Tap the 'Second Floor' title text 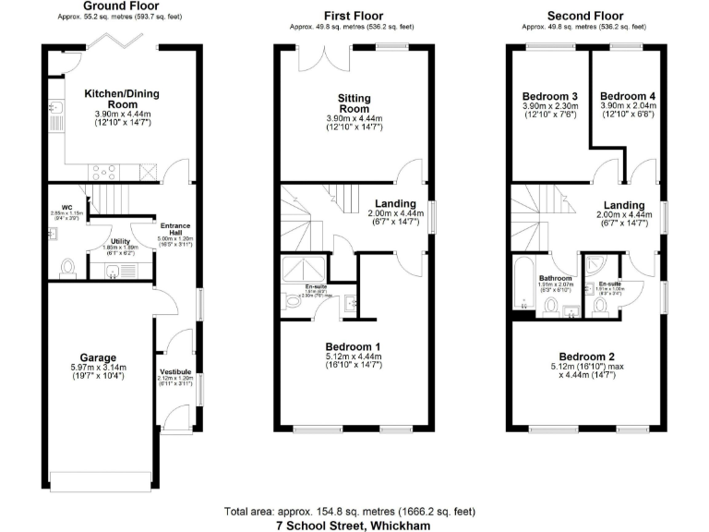(x=585, y=16)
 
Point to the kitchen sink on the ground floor (x=56, y=118)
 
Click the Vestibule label (x=174, y=372)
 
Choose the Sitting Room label (x=354, y=99)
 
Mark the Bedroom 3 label (x=549, y=96)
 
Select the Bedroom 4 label (x=627, y=96)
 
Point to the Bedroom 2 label (x=586, y=357)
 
